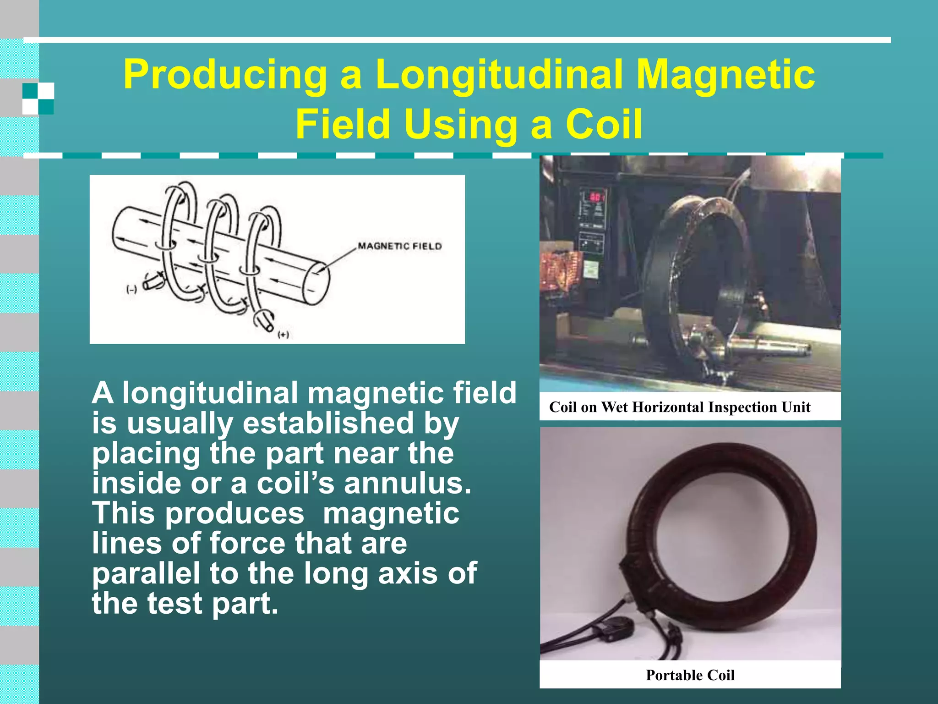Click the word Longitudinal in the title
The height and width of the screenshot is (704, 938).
[x=498, y=75]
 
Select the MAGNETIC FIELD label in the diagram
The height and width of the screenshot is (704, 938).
[x=399, y=246]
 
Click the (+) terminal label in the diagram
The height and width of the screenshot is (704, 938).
[x=284, y=335]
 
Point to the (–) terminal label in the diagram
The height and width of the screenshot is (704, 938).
[x=131, y=290]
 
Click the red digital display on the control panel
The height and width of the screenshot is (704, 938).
[x=596, y=197]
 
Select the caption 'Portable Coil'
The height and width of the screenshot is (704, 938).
[x=690, y=675]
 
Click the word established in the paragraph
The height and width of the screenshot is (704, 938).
[x=328, y=423]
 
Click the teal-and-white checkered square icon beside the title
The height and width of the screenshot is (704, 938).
[x=38, y=99]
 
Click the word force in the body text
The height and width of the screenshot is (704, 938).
[x=248, y=543]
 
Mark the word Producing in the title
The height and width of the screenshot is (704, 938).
[x=225, y=75]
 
